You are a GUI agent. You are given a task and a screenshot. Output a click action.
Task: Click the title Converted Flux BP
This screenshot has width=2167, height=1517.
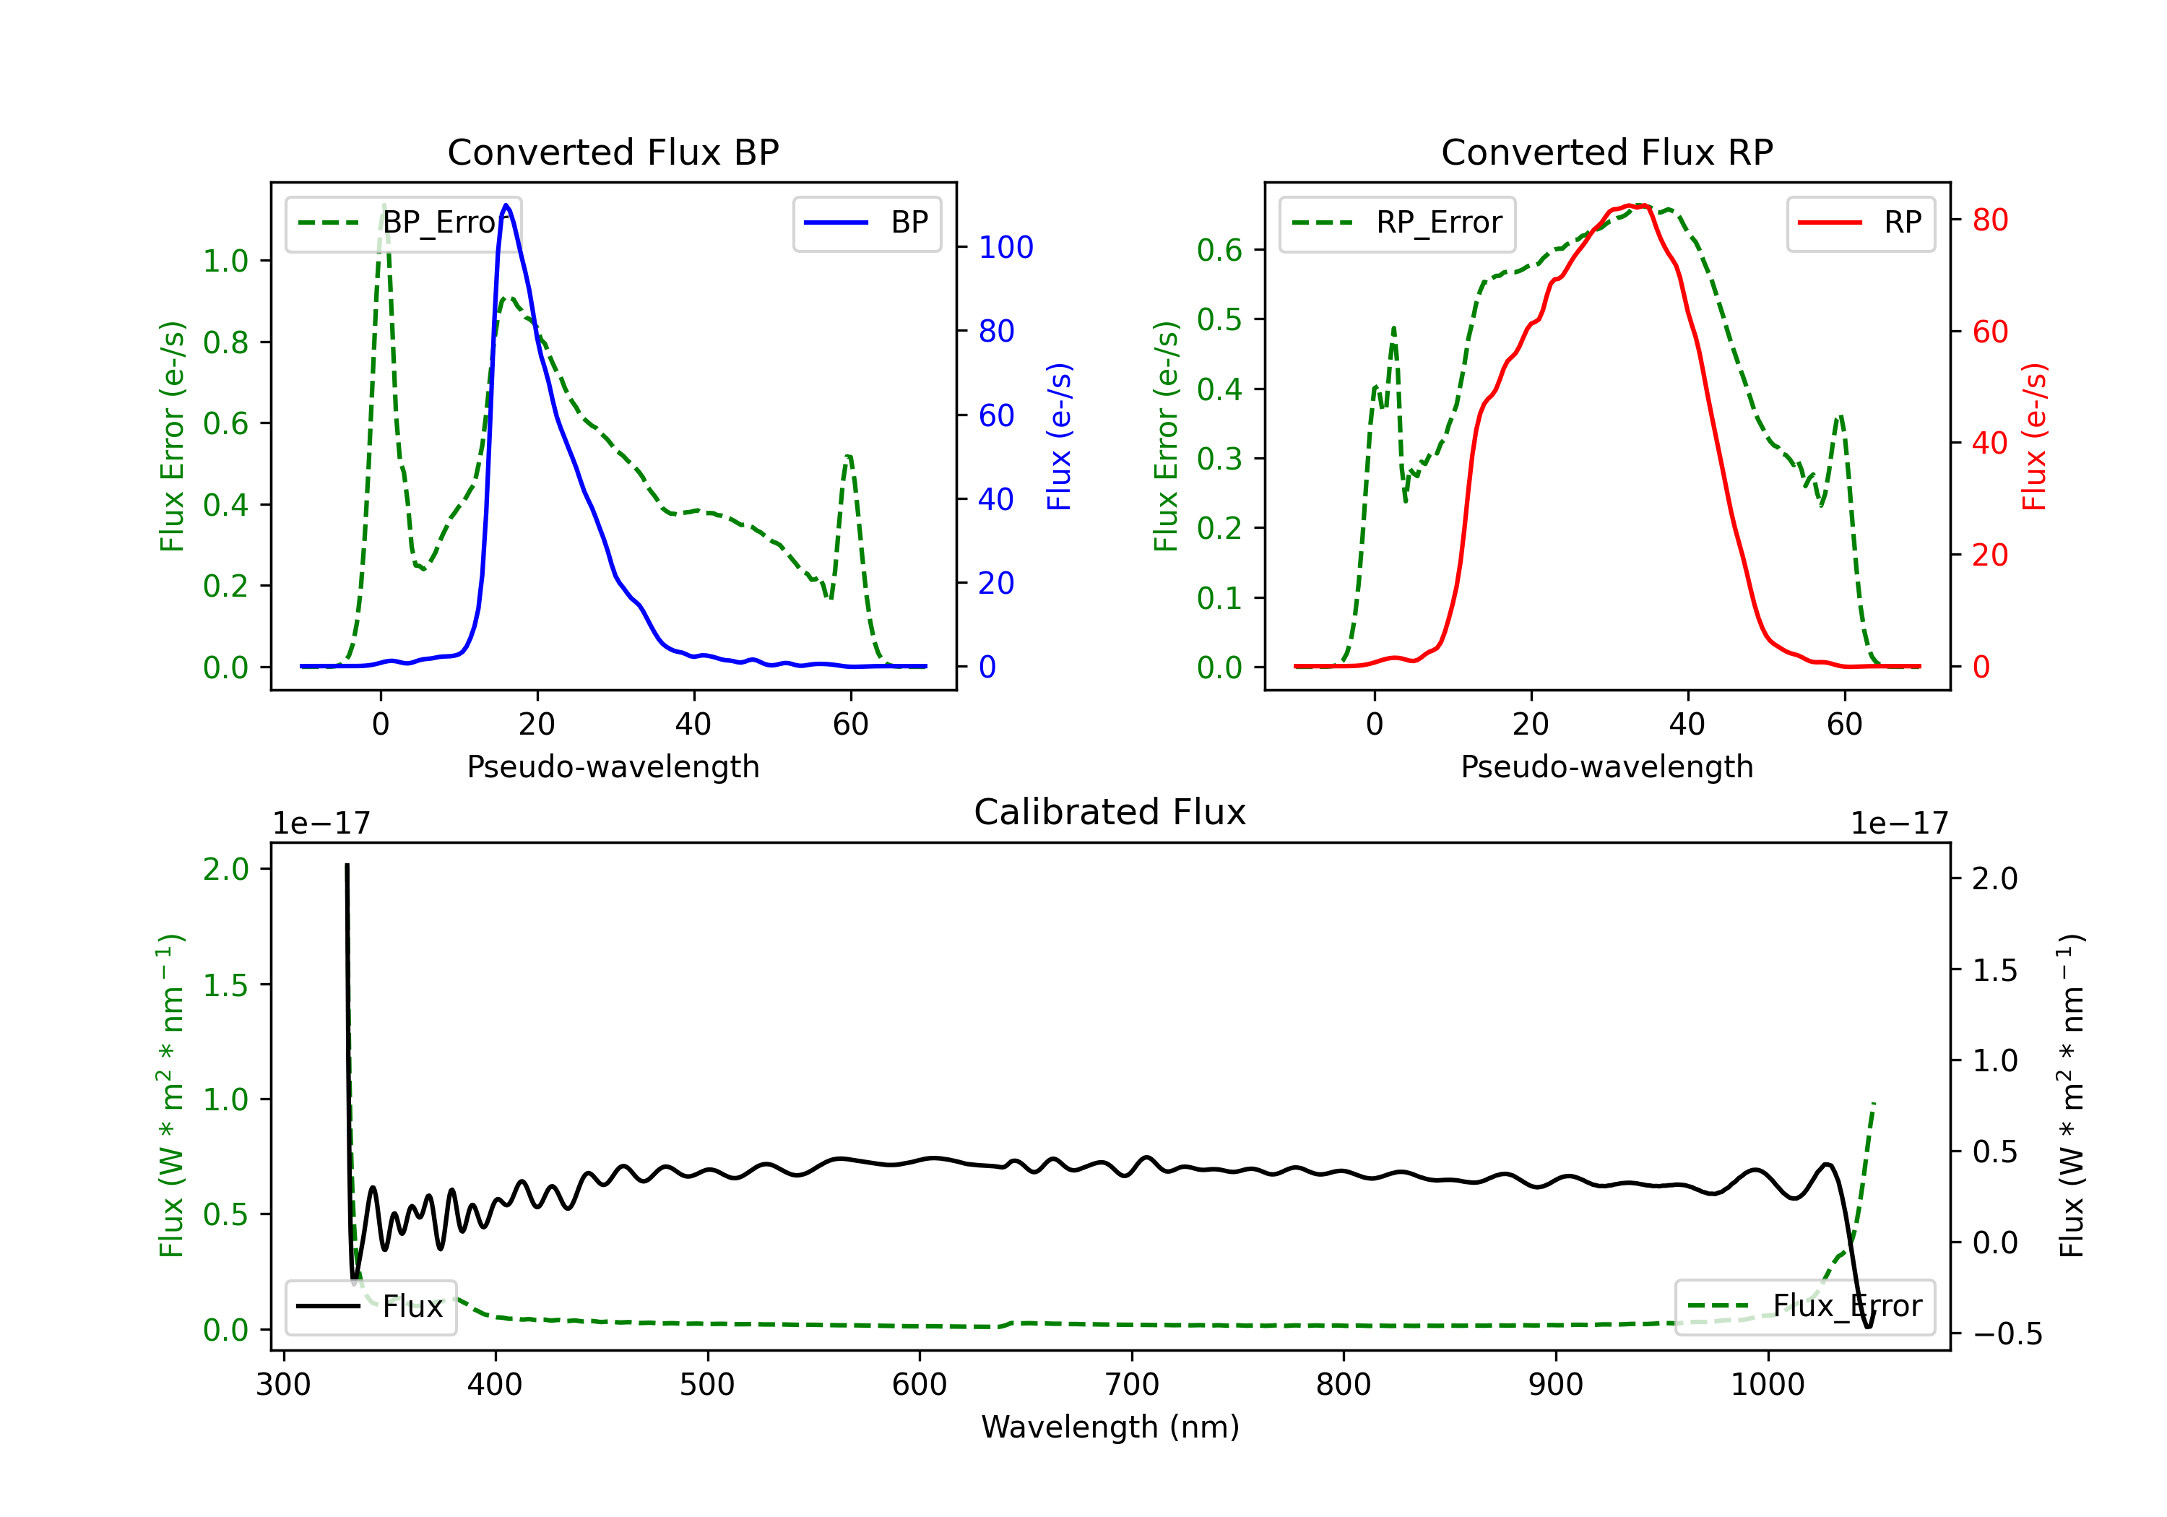point(613,152)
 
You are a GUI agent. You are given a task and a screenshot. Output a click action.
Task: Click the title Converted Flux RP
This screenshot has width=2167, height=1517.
point(1606,152)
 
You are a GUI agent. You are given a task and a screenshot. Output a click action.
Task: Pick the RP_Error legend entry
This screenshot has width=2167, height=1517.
point(1397,222)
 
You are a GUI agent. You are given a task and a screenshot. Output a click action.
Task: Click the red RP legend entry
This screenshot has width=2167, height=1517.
point(1860,222)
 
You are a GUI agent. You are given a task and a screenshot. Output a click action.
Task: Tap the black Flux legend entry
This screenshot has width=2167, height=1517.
point(371,1307)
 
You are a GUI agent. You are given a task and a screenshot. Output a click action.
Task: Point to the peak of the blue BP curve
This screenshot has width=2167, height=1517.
point(507,205)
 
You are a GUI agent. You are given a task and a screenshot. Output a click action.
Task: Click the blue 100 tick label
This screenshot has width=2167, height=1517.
point(1005,247)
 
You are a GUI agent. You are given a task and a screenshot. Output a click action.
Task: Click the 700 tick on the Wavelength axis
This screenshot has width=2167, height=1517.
point(1132,1384)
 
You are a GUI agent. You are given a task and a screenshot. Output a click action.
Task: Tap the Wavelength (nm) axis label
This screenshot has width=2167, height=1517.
point(1110,1427)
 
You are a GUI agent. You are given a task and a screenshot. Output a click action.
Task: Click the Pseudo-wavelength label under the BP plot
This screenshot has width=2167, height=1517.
point(613,766)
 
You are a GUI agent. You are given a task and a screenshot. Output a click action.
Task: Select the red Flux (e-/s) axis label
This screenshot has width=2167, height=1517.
point(2035,436)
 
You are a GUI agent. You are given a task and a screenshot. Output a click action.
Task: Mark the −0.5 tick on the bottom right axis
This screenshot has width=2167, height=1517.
point(2007,1334)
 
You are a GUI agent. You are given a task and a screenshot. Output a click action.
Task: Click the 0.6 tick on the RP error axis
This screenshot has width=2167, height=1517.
point(1219,250)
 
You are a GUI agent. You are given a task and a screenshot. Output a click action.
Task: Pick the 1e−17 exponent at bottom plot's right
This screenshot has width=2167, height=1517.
point(1899,824)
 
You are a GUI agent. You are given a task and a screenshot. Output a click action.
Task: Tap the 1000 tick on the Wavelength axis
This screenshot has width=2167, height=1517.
point(1767,1384)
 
